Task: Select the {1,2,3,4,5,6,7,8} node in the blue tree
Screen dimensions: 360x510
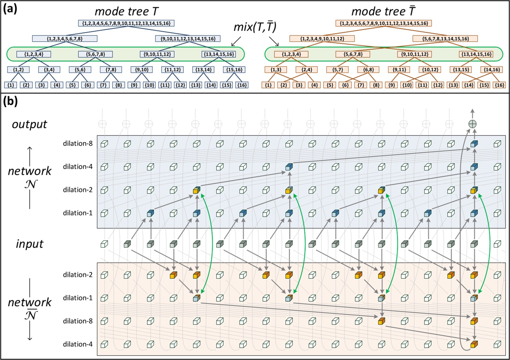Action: tap(65, 39)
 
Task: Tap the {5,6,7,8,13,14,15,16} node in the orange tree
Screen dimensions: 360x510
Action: tap(445, 39)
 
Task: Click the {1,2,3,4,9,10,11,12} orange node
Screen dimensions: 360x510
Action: tap(322, 39)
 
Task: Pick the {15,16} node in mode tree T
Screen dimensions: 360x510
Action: tap(234, 70)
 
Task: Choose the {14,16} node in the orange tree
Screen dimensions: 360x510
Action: tap(492, 70)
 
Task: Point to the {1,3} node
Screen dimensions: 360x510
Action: tap(276, 70)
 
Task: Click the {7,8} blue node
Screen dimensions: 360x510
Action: tap(111, 70)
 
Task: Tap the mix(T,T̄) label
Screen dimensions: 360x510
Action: tap(255, 27)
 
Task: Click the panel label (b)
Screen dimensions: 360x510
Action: tap(10, 101)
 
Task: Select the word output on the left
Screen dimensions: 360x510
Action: tap(29, 124)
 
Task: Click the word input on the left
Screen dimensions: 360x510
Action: tap(29, 244)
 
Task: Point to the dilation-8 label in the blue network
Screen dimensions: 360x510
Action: tap(77, 144)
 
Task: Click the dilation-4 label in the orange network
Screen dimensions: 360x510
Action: tap(77, 344)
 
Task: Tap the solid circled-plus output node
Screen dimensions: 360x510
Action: tap(472, 124)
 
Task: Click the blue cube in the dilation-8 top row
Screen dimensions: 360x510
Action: tap(474, 144)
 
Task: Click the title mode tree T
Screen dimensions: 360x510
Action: tap(126, 11)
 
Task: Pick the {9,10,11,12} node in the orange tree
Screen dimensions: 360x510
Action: tap(415, 54)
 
